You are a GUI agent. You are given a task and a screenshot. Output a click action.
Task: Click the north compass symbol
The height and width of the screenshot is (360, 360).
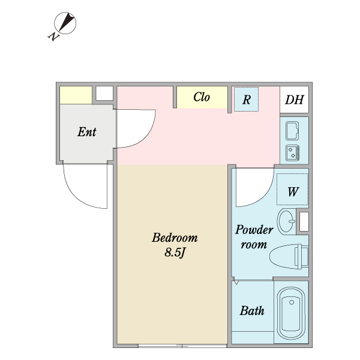64,24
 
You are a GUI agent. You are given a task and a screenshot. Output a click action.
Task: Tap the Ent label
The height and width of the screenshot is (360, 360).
87,132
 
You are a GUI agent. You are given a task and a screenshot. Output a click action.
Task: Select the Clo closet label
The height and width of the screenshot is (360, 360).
202,97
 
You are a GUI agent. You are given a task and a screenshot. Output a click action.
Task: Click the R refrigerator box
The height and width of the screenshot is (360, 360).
246,99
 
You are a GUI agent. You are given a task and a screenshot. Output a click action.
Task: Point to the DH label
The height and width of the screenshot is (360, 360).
294,100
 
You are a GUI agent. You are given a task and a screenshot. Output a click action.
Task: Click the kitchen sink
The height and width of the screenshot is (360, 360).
293,130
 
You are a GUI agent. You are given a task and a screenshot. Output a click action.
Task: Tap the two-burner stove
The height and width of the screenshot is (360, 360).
293,152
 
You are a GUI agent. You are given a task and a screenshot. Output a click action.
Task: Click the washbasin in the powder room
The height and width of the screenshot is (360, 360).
287,220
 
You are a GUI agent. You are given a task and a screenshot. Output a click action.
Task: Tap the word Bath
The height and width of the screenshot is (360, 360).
252,311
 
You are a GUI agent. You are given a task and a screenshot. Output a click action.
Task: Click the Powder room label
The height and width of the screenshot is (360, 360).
254,237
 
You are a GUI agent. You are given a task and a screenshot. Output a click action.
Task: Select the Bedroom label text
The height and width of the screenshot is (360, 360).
174,237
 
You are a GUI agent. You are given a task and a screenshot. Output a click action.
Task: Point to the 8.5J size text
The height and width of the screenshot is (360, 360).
174,252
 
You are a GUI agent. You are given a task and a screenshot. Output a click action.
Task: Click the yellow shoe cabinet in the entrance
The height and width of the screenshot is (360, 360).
76,94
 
